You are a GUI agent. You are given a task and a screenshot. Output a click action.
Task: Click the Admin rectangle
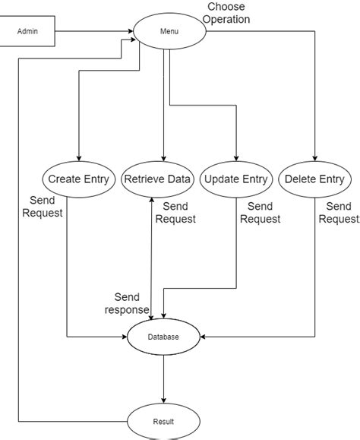(x=27, y=32)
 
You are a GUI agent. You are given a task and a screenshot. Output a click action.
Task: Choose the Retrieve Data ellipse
(x=158, y=180)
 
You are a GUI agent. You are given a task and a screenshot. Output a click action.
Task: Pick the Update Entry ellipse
(x=236, y=180)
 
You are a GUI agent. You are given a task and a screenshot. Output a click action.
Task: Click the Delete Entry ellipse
(x=315, y=180)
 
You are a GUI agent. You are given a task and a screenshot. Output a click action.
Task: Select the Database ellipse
(x=164, y=336)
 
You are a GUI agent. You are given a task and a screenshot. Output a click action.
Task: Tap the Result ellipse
(x=164, y=420)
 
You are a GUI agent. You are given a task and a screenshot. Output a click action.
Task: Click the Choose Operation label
(x=227, y=13)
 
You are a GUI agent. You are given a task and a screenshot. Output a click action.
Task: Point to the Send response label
(x=128, y=303)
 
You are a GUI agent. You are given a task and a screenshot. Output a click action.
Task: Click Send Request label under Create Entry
(x=43, y=207)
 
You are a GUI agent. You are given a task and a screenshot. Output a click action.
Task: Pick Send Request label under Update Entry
(x=261, y=213)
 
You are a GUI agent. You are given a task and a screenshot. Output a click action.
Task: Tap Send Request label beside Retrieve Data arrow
(x=175, y=213)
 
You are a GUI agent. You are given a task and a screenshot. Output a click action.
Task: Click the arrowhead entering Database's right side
(x=205, y=336)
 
